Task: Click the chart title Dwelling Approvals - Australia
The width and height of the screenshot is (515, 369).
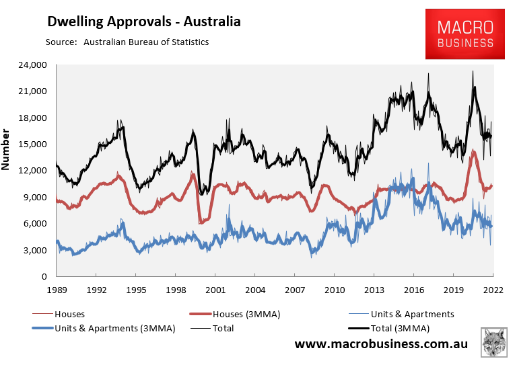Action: point(143,22)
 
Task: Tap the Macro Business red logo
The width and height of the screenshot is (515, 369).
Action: point(465,34)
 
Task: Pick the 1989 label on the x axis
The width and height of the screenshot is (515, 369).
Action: point(57,290)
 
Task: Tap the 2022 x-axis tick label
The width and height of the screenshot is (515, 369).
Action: point(493,290)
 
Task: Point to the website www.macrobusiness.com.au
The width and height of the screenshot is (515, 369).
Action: point(381,344)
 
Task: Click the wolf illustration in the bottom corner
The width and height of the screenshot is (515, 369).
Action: point(495,343)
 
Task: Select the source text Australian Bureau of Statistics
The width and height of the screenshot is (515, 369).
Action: point(146,42)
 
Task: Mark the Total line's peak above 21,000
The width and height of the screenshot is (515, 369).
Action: point(473,71)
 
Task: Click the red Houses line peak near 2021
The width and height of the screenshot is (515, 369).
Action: point(474,151)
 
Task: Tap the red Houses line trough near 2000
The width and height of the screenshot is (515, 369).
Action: point(201,222)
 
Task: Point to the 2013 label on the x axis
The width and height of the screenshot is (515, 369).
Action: point(374,290)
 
